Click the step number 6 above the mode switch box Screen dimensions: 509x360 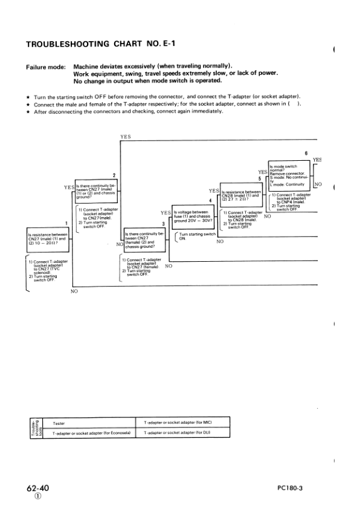click(x=306, y=153)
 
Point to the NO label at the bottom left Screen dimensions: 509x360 click(x=75, y=290)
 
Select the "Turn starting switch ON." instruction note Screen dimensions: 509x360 click(x=197, y=236)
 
